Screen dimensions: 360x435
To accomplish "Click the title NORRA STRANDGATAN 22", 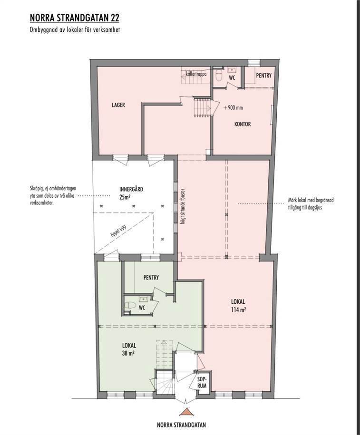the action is (74, 19).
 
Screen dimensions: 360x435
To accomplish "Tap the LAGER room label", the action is (118, 105).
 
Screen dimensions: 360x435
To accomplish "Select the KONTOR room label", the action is (243, 124).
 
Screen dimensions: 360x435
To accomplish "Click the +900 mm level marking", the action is (233, 107).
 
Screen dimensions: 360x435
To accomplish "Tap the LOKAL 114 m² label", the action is (238, 305).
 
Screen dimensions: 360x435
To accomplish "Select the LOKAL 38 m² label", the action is (129, 349).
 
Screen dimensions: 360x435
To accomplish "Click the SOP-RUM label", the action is (202, 382).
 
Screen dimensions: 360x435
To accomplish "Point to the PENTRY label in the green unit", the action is (151, 278).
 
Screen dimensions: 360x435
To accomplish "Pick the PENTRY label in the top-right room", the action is (263, 76).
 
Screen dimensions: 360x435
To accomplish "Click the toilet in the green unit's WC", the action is (130, 305).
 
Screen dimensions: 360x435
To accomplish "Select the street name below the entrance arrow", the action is (182, 425).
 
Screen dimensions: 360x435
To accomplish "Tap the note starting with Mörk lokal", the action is (311, 203).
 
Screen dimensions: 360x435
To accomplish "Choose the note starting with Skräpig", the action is (53, 195).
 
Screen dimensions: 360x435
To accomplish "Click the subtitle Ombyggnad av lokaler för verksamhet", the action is (75, 30).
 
